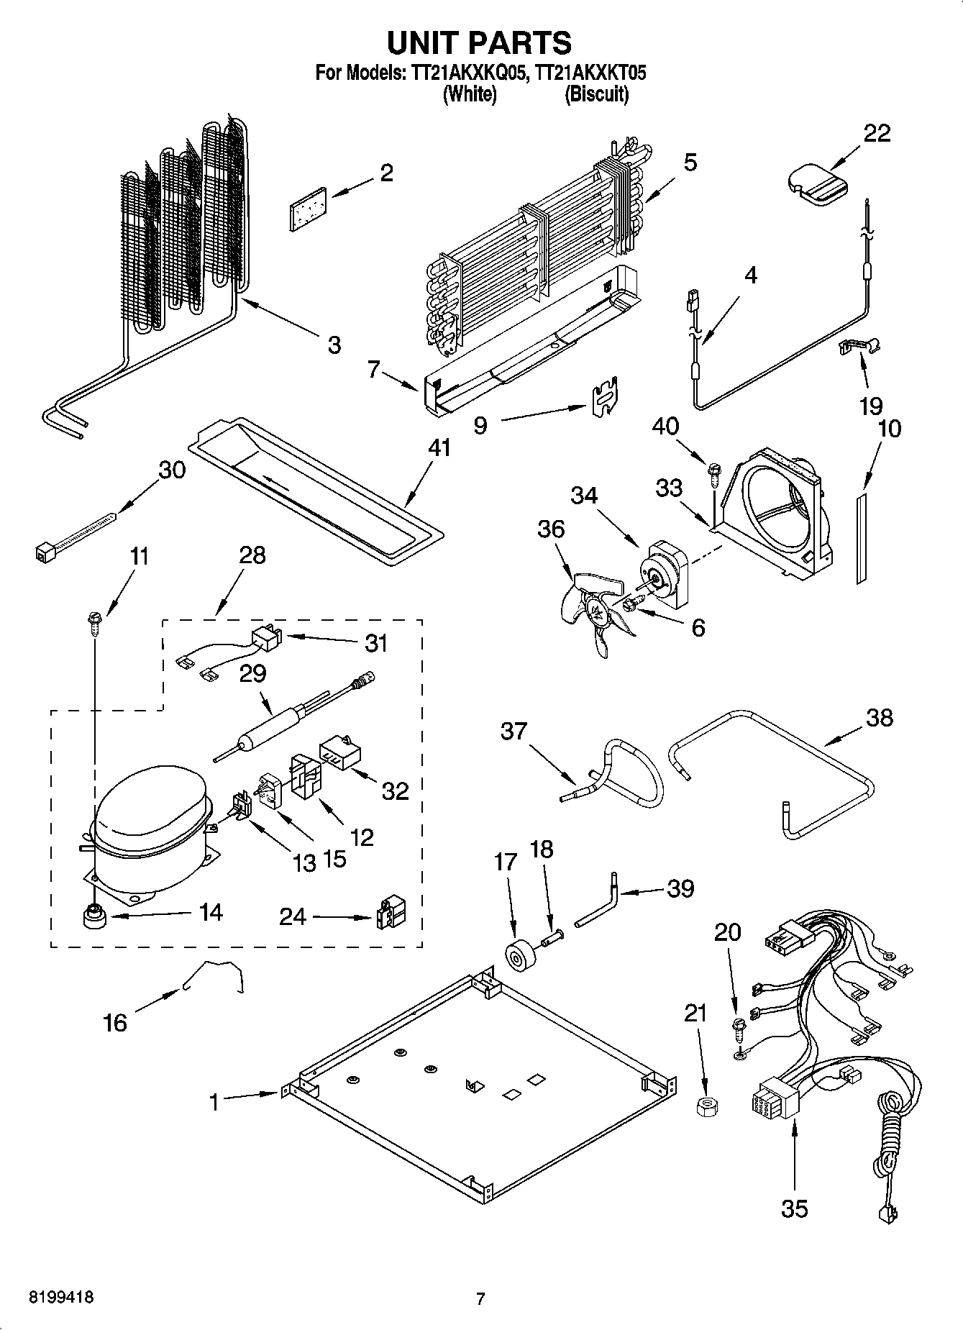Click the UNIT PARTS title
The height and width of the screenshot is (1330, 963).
(480, 43)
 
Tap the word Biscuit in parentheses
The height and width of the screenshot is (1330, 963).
(596, 94)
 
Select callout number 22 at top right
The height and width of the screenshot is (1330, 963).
(876, 133)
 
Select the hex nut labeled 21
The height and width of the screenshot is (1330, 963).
(707, 1105)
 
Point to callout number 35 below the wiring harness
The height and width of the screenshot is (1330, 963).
(794, 1208)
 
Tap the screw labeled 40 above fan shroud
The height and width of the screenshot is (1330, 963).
(715, 473)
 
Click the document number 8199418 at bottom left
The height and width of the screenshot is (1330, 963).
(60, 1298)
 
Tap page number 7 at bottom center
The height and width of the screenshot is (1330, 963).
(480, 1298)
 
